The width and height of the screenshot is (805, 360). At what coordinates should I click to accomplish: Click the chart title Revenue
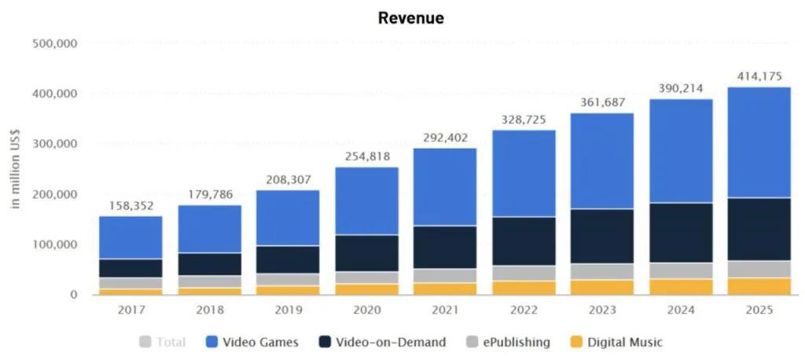pos(410,18)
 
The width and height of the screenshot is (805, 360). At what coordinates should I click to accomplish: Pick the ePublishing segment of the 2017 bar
pos(130,283)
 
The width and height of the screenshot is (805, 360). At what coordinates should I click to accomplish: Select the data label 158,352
pos(130,207)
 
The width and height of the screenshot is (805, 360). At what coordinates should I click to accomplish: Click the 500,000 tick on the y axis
pos(54,44)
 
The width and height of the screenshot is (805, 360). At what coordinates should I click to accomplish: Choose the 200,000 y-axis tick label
pos(54,195)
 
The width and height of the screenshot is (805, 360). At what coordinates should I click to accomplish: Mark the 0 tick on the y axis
pos(72,296)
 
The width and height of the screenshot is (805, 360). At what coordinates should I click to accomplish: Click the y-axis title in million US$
pos(15,170)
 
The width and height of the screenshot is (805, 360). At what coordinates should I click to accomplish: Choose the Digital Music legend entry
pos(616,342)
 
